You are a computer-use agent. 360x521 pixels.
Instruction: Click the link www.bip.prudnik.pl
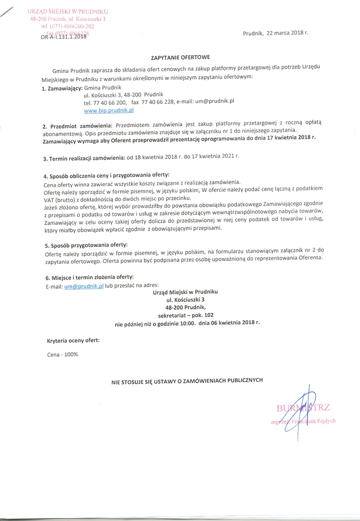tap(108, 109)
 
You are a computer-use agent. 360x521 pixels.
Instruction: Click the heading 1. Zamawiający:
tap(62, 88)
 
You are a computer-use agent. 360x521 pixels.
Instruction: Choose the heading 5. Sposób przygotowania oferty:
tap(86, 245)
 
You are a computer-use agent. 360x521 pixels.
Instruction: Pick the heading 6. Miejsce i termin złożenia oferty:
tap(90, 277)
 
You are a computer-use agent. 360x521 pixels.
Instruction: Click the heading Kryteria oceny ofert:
tap(73, 340)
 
